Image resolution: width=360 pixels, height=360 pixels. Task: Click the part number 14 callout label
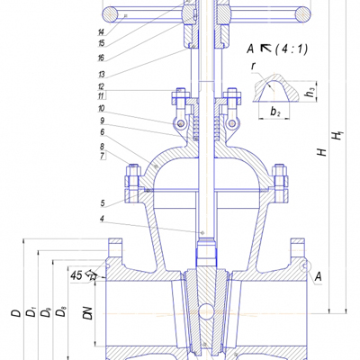point(101,31)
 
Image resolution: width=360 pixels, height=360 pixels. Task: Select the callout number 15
point(101,43)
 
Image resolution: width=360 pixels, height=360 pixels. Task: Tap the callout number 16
point(101,58)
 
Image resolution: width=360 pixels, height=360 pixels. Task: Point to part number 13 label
point(101,74)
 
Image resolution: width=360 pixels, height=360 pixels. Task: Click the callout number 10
point(101,108)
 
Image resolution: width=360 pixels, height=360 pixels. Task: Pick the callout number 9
point(103,121)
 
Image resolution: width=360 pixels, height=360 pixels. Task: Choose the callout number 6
point(103,132)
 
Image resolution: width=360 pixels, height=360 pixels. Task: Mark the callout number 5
point(103,203)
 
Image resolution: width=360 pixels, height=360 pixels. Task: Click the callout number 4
point(103,219)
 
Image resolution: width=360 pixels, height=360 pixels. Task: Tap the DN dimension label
point(88,313)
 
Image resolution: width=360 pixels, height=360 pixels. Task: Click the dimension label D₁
point(31,312)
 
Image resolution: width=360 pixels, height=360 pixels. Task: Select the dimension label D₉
point(46,312)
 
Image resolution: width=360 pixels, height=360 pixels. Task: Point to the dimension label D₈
point(61,312)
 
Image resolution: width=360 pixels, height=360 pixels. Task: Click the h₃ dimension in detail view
point(310,93)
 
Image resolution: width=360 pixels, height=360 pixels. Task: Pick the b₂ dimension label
point(275,112)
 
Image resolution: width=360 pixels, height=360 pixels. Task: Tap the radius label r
point(254,66)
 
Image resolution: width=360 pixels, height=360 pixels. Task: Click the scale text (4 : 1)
point(292,49)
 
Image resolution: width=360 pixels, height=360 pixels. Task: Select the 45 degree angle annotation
point(77,275)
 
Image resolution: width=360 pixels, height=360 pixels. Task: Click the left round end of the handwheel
point(111,14)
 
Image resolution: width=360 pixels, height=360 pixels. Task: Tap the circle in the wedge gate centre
point(206,311)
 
